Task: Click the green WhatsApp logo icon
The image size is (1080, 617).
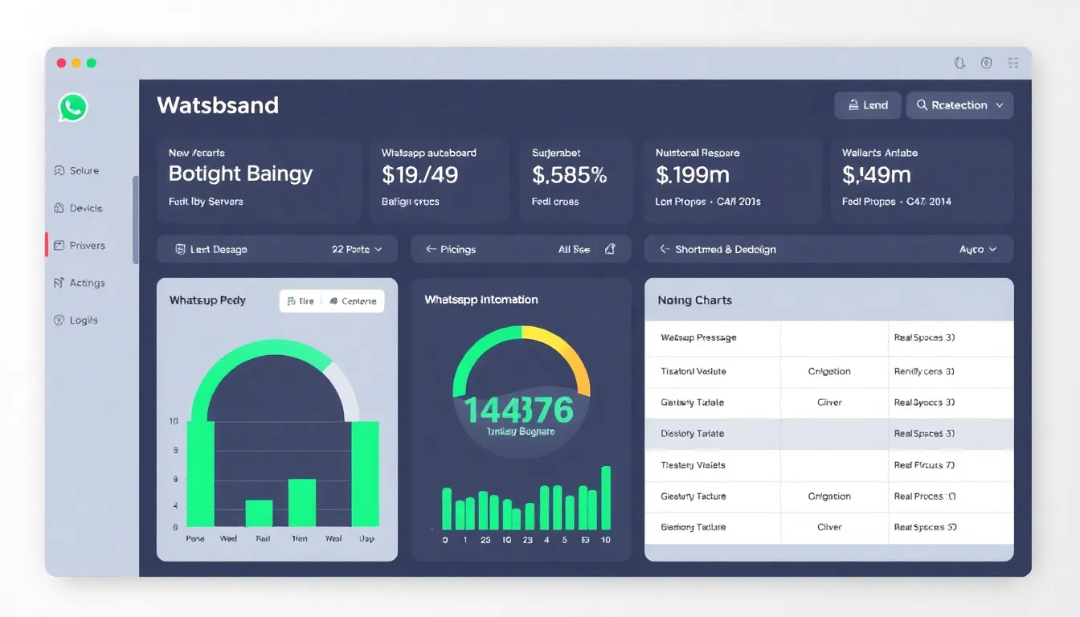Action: click(72, 107)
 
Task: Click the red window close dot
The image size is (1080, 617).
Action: click(61, 63)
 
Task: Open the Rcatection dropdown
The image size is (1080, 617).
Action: click(959, 105)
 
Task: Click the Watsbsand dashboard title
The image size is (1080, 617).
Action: click(218, 105)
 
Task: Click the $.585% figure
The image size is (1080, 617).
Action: click(569, 174)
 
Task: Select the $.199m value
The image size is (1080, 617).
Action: click(692, 174)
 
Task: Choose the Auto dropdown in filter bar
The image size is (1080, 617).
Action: click(977, 249)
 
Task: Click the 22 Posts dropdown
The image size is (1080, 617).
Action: click(357, 249)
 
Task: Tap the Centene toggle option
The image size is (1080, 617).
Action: click(353, 301)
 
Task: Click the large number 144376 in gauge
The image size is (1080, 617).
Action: click(519, 410)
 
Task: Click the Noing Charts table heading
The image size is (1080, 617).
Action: click(694, 300)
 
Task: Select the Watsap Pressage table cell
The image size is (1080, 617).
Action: click(697, 337)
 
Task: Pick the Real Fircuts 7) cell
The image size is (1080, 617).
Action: click(923, 464)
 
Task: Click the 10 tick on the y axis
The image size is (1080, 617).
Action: click(174, 421)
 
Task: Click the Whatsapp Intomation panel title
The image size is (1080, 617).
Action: click(481, 300)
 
